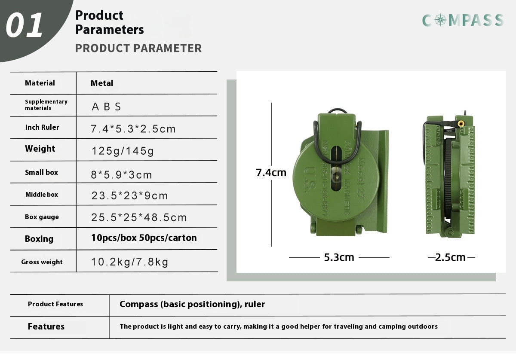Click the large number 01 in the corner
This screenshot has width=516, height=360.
(25, 25)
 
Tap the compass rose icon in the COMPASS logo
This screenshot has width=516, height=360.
(440, 20)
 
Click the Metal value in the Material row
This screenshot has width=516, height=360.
(102, 83)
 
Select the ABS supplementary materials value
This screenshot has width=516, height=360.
(106, 107)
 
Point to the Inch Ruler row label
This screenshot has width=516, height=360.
(42, 127)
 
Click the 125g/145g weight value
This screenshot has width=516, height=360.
(123, 151)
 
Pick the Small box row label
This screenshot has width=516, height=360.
(41, 172)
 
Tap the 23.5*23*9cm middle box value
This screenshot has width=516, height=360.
(129, 196)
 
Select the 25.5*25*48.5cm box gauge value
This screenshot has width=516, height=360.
(139, 217)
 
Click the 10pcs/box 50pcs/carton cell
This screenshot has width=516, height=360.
(144, 238)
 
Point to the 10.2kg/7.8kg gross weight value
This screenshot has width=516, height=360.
(129, 262)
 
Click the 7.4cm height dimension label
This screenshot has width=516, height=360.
(271, 173)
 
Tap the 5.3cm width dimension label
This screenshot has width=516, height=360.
(339, 257)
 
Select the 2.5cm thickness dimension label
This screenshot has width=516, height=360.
(450, 257)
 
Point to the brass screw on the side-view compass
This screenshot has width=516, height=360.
(461, 124)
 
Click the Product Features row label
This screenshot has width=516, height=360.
(55, 304)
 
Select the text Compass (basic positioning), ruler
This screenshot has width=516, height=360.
(192, 305)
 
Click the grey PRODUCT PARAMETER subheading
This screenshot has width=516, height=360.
(138, 48)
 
